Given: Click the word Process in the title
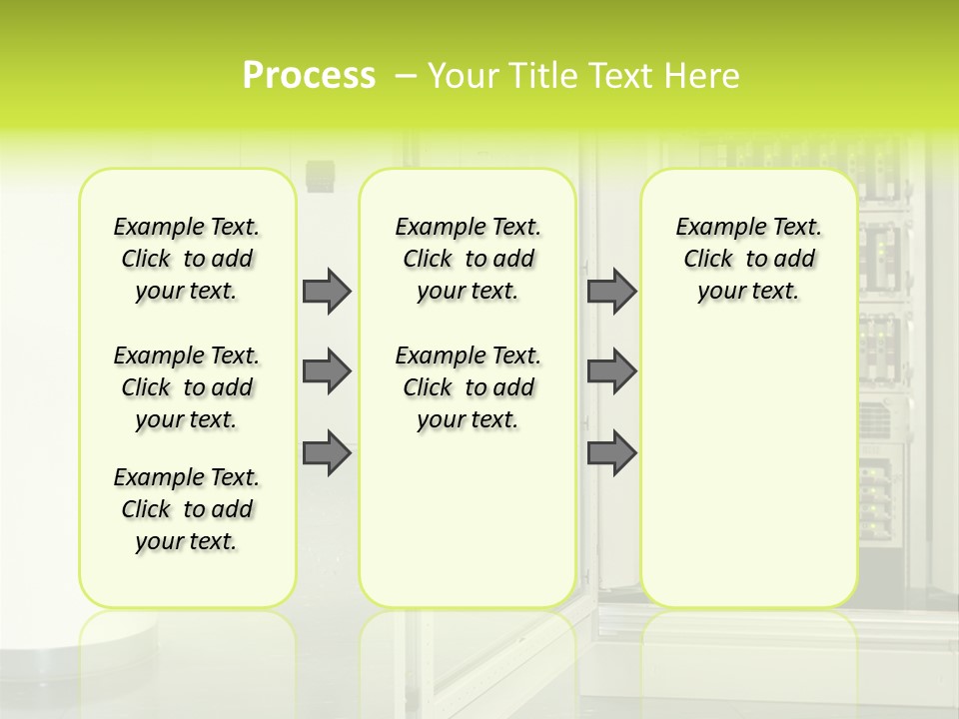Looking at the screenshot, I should click(x=309, y=75).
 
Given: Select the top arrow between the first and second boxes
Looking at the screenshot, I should click(x=327, y=291).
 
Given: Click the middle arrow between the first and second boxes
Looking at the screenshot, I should click(x=327, y=371).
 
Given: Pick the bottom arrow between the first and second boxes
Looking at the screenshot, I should click(x=327, y=452).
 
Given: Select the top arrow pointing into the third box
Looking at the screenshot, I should click(x=611, y=291).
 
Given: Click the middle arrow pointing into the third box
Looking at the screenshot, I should click(x=611, y=371).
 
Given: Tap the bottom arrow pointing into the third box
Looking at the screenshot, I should click(x=611, y=452).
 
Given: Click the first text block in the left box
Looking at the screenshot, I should click(x=187, y=259).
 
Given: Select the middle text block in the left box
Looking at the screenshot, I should click(x=187, y=387).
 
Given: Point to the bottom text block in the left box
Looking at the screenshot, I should click(x=187, y=509).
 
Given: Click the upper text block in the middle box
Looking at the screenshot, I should click(x=469, y=259).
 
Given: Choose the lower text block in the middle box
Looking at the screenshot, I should click(x=469, y=387).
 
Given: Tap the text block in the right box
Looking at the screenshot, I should click(x=749, y=259).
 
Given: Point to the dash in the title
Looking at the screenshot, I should click(x=407, y=75).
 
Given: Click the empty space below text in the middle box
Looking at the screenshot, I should click(x=469, y=519).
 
